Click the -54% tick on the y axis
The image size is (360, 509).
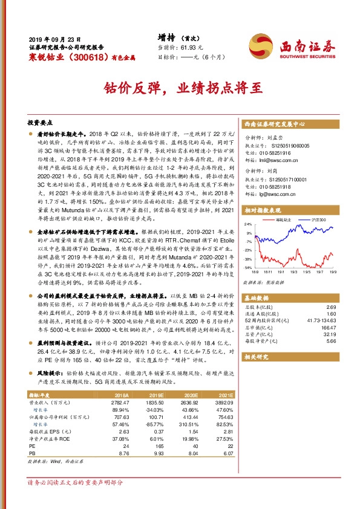pyautogui.click(x=249, y=267)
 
